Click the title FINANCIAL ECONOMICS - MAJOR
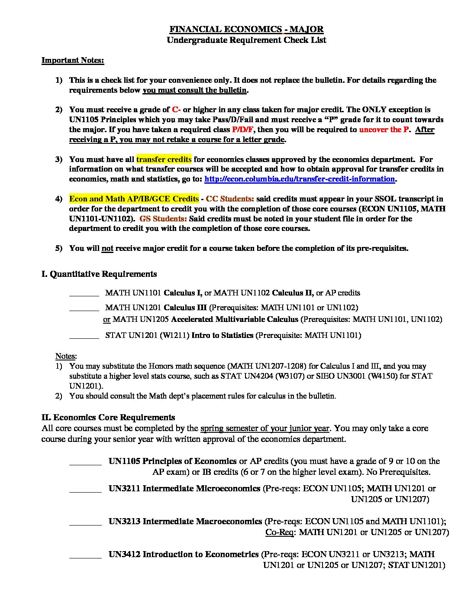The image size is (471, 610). coord(246,29)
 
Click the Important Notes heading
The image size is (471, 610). coord(73,60)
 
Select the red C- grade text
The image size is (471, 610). coord(176,110)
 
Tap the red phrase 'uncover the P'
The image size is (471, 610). coord(384,130)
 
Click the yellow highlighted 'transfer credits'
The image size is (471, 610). coord(164,159)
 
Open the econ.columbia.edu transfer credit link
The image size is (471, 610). coord(299,179)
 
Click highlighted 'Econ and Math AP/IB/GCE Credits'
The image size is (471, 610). coord(134,199)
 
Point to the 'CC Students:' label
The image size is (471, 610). coord(230,199)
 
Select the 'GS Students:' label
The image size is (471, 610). coord(163,219)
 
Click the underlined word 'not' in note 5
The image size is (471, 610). coord(107,248)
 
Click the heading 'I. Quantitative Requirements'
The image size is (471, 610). coord(99,274)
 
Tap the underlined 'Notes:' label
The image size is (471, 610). coord(66,356)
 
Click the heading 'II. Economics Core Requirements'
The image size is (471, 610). coord(108,417)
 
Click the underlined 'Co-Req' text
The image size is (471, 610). coord(279,532)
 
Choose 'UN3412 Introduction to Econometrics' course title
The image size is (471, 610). coord(184,554)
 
